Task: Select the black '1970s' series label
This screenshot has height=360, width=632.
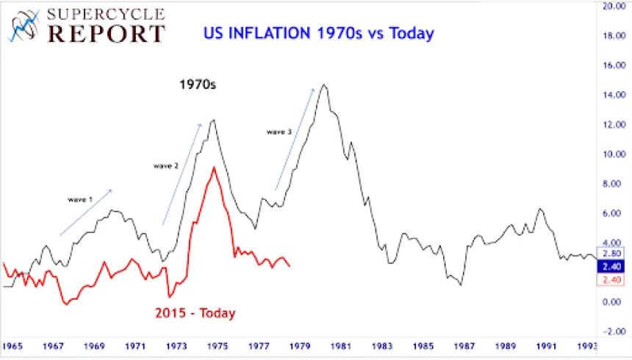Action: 198,84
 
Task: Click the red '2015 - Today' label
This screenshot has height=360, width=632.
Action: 195,313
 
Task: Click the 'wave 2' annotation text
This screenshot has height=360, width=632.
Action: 165,166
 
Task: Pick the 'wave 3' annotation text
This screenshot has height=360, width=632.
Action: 279,132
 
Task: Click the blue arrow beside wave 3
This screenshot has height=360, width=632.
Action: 295,140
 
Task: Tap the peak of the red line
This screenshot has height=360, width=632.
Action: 213,168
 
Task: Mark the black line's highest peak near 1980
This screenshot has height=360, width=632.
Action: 324,85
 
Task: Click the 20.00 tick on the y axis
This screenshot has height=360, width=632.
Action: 614,6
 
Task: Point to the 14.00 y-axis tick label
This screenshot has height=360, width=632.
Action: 614,95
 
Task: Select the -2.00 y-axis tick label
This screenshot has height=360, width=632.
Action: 614,331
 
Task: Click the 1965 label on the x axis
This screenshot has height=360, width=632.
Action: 12,345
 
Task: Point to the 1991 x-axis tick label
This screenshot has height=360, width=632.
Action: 546,345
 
